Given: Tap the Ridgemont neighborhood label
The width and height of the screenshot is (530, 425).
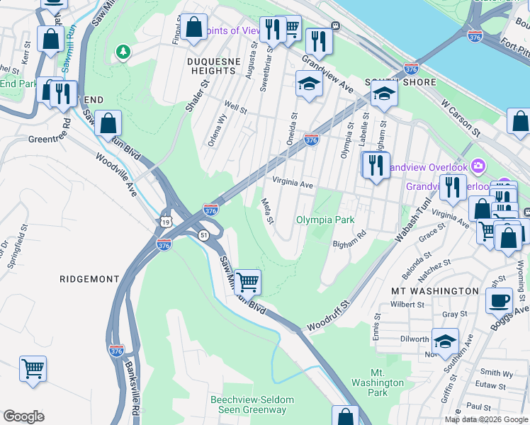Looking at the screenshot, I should point(89,279).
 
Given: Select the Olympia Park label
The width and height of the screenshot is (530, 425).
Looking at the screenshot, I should point(325,220).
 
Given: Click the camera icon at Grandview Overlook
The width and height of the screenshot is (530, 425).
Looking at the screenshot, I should point(479,166).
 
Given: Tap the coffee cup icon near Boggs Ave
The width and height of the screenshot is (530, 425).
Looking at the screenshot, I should point(499,300).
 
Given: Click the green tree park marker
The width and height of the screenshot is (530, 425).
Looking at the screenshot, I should point(124,52).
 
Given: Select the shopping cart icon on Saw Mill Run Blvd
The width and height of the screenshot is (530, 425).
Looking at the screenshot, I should point(247,282).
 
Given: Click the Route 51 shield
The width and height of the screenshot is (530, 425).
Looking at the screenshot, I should point(203,235).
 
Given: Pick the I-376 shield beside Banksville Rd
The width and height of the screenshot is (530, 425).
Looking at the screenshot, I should point(118,350).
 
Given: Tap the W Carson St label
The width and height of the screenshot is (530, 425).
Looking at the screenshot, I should point(461,118).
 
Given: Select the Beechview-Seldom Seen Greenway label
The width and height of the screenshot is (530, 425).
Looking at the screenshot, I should point(248,404).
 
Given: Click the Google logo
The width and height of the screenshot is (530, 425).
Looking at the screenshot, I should point(24,416).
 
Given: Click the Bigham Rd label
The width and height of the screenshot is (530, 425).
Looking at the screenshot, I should point(349,239).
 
